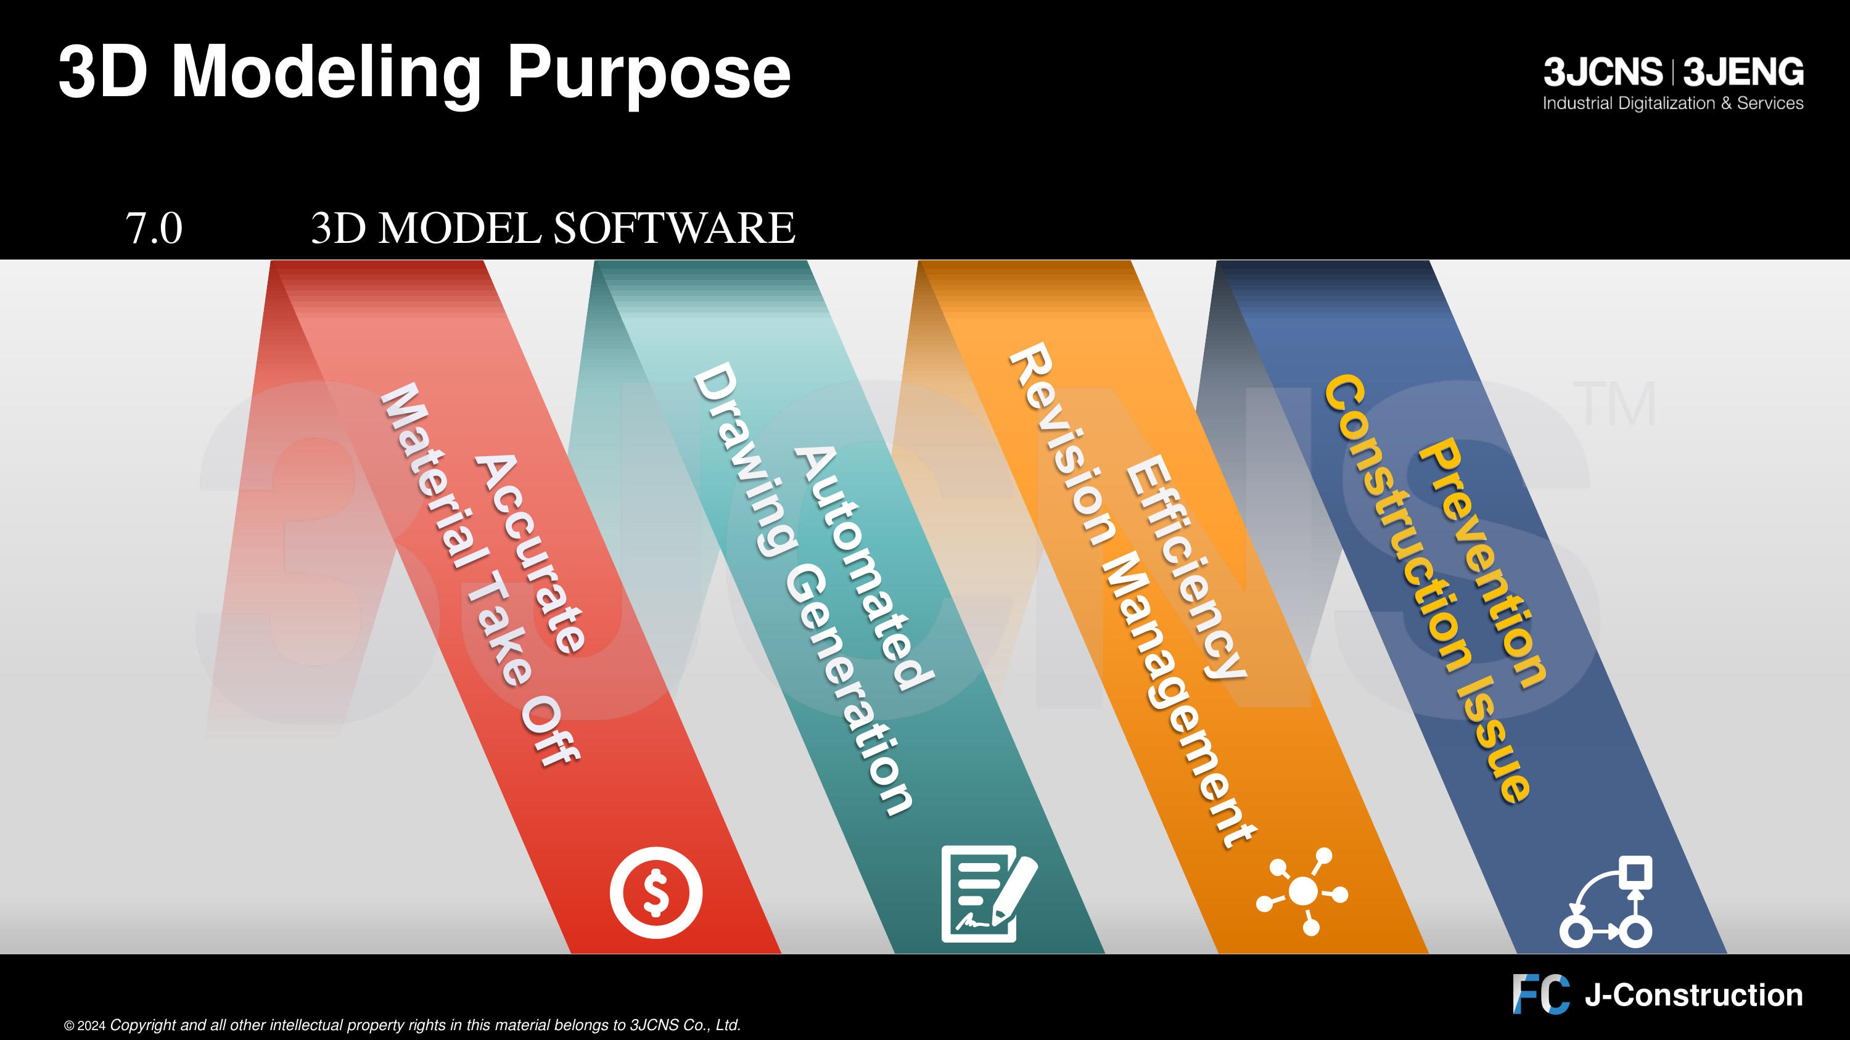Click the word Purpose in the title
(x=649, y=74)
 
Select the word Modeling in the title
(x=327, y=74)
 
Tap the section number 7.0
(x=154, y=228)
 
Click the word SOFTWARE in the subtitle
(x=673, y=228)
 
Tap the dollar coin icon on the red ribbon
(x=656, y=893)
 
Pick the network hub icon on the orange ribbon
(x=1302, y=892)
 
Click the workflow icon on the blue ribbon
(x=1606, y=901)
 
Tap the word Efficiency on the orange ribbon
(x=1185, y=567)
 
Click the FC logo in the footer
(x=1541, y=994)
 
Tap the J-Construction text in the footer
(x=1694, y=996)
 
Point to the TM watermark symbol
(x=1614, y=404)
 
